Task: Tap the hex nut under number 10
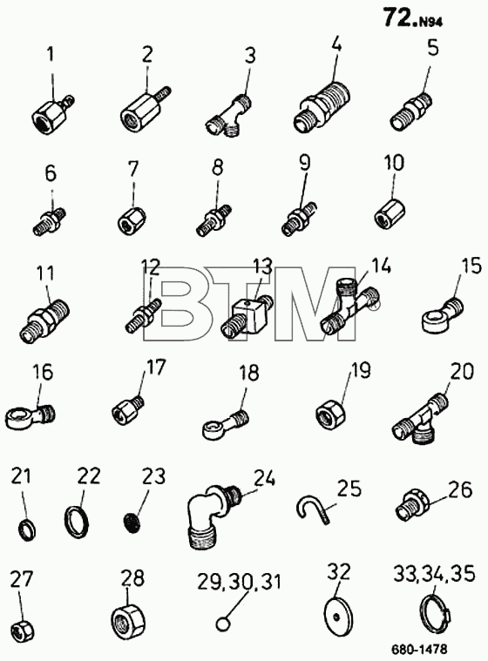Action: pyautogui.click(x=390, y=212)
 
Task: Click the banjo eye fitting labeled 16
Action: pyautogui.click(x=30, y=415)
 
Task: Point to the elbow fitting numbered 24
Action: pyautogui.click(x=215, y=516)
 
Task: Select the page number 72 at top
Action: pyautogui.click(x=397, y=18)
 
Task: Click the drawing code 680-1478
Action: pyautogui.click(x=418, y=649)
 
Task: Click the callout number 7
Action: pyautogui.click(x=132, y=169)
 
